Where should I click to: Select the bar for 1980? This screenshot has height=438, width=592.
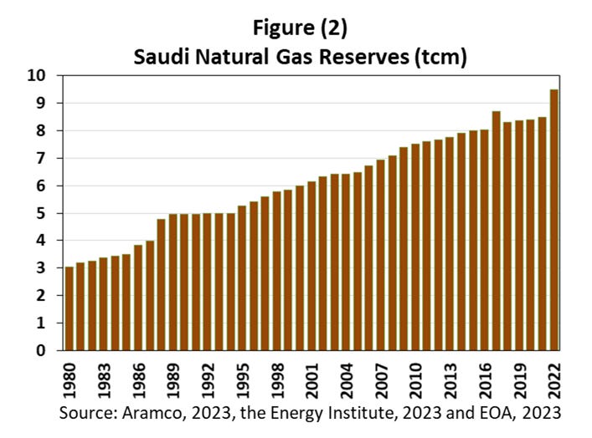click(x=69, y=308)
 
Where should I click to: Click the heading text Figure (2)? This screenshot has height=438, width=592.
click(x=299, y=27)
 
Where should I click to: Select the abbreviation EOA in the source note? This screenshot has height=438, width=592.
click(x=481, y=413)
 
